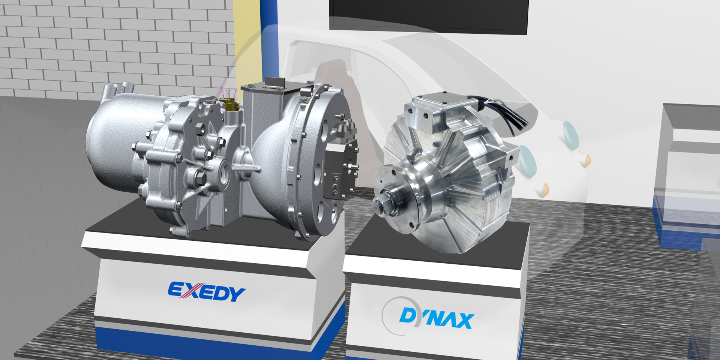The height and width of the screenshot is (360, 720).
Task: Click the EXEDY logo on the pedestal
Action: [x=207, y=292]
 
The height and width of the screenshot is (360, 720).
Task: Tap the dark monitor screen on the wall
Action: [x=429, y=15]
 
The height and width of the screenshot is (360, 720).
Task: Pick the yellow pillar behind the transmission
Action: [x=247, y=41]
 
